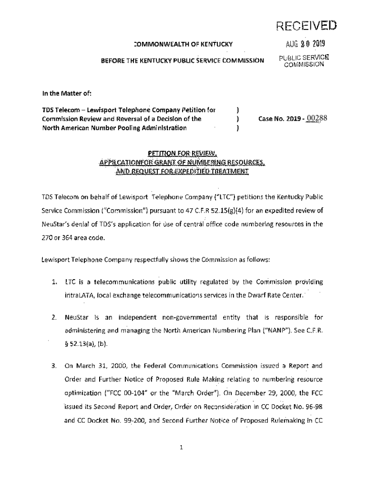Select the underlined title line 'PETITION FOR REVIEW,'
(182, 153)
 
